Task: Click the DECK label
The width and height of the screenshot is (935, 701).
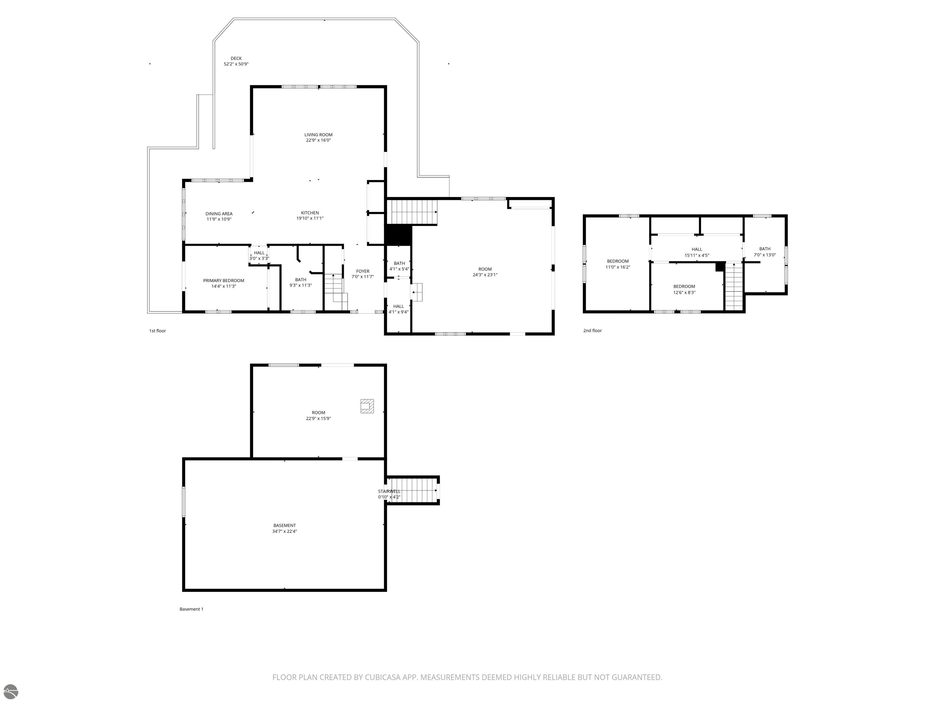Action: (x=236, y=59)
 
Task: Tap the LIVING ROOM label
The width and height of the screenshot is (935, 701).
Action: (x=318, y=135)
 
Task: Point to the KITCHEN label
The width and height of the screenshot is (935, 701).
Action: (x=310, y=213)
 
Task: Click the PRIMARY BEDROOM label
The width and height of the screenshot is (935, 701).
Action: (x=224, y=281)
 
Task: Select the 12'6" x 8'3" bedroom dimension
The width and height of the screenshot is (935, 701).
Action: (x=684, y=292)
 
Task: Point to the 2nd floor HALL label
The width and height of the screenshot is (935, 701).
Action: (x=697, y=249)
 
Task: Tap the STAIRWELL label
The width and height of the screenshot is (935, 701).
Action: (x=389, y=491)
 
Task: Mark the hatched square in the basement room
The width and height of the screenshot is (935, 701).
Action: (x=367, y=406)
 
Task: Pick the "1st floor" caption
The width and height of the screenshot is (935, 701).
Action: (x=157, y=331)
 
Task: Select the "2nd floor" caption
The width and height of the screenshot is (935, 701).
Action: (x=592, y=330)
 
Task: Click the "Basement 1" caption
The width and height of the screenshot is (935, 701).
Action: (x=191, y=609)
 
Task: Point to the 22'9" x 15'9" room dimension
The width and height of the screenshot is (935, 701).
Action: (x=318, y=419)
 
